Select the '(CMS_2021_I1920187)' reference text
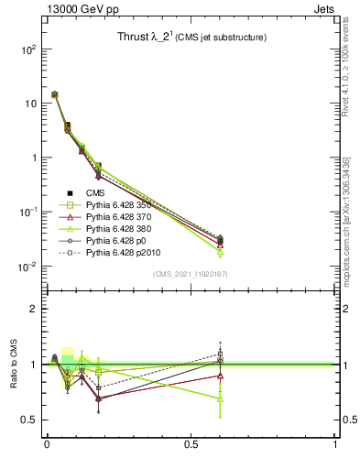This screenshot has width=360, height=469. [x=190, y=273]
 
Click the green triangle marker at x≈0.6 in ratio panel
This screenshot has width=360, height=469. [x=220, y=398]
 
